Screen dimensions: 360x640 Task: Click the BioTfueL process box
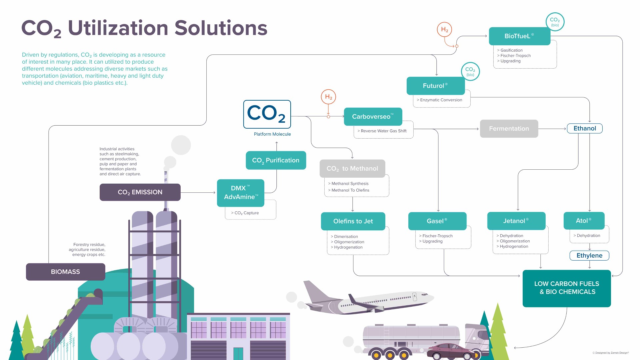(519, 36)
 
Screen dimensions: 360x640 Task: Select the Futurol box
(435, 86)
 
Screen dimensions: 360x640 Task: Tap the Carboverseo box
(373, 116)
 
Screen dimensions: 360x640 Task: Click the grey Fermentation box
(509, 129)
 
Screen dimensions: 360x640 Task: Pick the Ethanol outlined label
(585, 128)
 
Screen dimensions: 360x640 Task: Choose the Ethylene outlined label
(589, 256)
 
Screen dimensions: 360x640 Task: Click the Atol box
(584, 221)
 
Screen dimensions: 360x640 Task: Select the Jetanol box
(516, 221)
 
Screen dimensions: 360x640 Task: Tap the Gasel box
(437, 221)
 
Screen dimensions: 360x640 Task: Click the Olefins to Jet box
(353, 221)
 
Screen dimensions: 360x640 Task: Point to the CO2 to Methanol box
(352, 169)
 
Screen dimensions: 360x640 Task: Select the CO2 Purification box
(276, 160)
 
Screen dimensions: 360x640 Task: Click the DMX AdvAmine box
(241, 193)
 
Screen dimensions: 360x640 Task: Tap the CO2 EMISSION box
(140, 192)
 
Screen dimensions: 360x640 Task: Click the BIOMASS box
(65, 272)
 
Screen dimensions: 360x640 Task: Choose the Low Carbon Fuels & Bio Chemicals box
(567, 288)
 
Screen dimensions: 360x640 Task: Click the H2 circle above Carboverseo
(328, 97)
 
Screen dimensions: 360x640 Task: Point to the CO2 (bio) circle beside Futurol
(470, 71)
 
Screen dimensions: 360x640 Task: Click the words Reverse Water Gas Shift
(383, 131)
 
